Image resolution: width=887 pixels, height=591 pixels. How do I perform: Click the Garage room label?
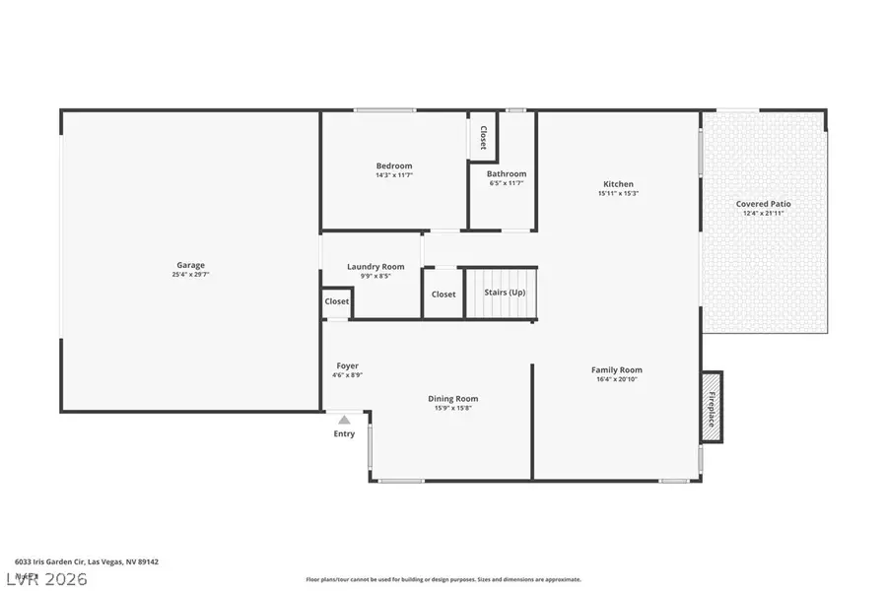pos(190,264)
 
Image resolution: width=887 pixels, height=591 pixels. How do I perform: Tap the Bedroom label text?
pos(393,165)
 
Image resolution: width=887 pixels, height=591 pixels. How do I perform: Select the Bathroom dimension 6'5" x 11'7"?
pos(507,183)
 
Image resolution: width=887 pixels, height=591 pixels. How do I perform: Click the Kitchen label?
pos(618,184)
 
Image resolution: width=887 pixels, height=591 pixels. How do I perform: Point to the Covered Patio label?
pos(763,204)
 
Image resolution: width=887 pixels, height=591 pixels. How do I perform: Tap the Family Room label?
pos(617,369)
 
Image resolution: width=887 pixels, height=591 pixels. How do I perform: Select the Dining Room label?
pos(452,398)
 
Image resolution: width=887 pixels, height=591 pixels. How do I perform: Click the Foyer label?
pos(347,365)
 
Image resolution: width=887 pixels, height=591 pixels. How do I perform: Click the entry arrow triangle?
pos(344,420)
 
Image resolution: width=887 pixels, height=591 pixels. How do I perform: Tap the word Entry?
pos(344,433)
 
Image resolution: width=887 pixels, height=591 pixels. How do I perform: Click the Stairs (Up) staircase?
pos(503,294)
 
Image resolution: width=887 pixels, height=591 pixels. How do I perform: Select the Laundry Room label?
pos(375,266)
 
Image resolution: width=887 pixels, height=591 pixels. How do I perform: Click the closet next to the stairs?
pos(443,294)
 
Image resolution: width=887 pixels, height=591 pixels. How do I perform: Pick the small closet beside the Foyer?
pos(337,301)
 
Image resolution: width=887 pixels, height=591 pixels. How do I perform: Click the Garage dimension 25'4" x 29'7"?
pos(190,274)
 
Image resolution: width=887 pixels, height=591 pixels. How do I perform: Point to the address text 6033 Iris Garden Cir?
pos(86,561)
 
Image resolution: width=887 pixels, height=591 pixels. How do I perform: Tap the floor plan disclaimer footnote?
pos(443,579)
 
